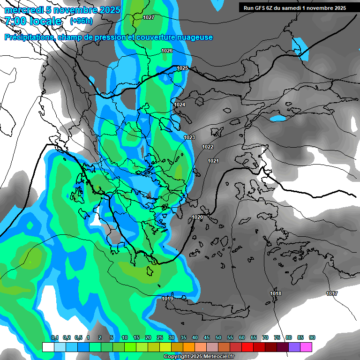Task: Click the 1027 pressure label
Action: pyautogui.click(x=149, y=17)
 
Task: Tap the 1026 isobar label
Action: pyautogui.click(x=167, y=51)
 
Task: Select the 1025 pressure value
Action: pyautogui.click(x=182, y=68)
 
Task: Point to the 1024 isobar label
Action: pyautogui.click(x=180, y=105)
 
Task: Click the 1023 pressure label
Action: pyautogui.click(x=189, y=137)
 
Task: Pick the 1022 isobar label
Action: pyautogui.click(x=208, y=147)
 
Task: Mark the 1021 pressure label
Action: pyautogui.click(x=213, y=161)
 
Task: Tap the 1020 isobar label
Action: pyautogui.click(x=197, y=217)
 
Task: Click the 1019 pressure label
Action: pyautogui.click(x=167, y=299)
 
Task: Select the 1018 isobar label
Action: pyautogui.click(x=276, y=293)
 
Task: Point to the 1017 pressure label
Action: pyautogui.click(x=332, y=293)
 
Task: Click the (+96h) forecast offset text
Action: pyautogui.click(x=81, y=21)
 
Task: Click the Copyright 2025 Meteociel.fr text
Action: pyautogui.click(x=199, y=357)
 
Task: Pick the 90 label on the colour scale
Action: pyautogui.click(x=312, y=337)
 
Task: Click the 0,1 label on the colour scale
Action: pyautogui.click(x=54, y=337)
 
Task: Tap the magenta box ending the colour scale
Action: pyautogui.click(x=306, y=347)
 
